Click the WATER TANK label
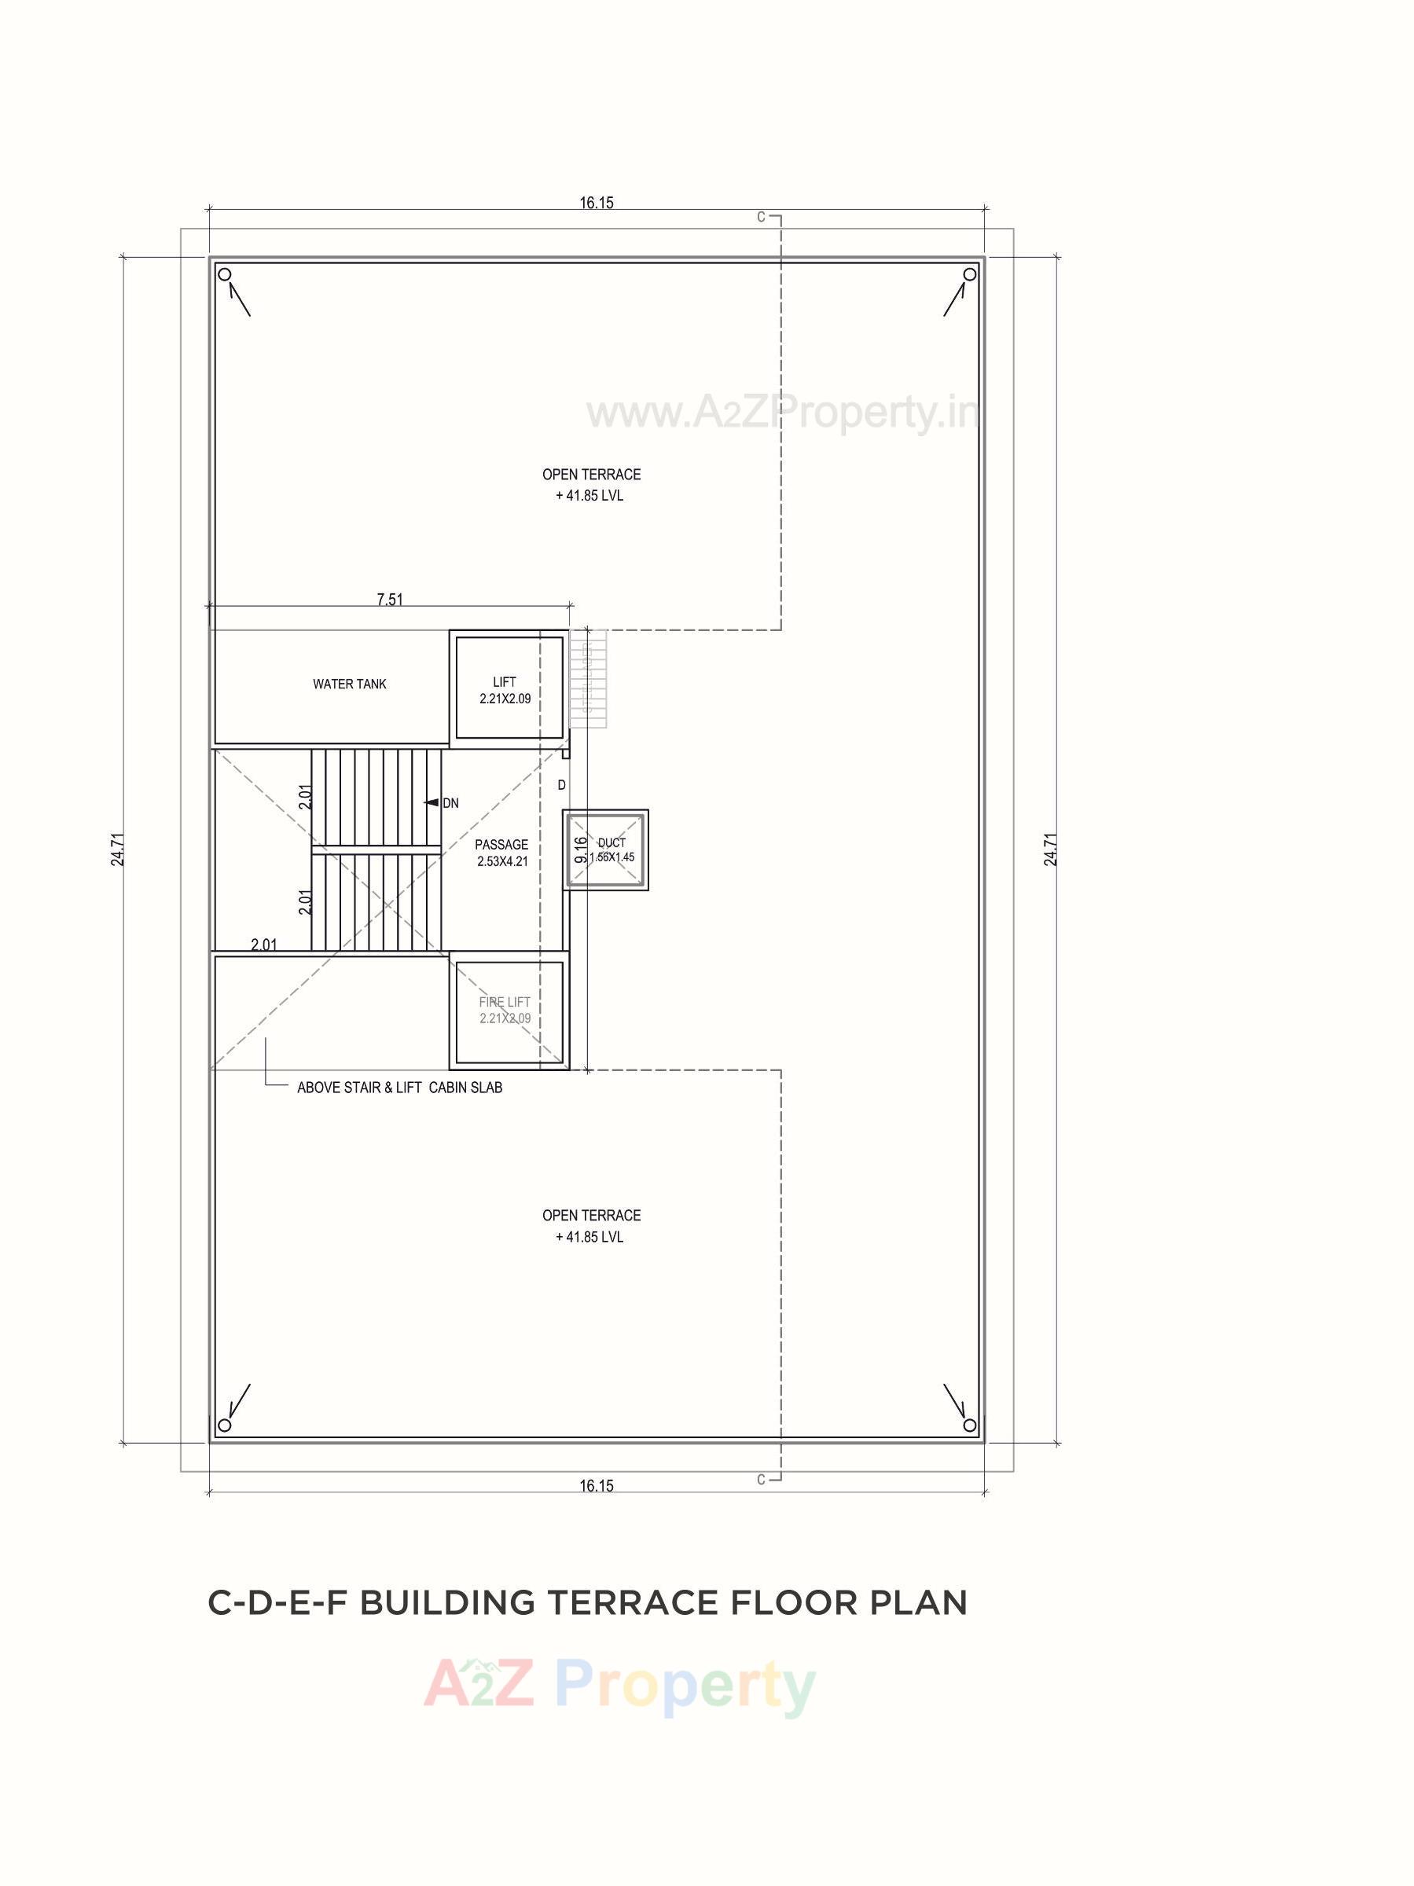point(349,684)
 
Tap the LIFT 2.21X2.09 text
point(505,690)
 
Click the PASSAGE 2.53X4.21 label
point(502,853)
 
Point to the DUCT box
point(605,850)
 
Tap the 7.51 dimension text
point(390,600)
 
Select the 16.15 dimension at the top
point(596,203)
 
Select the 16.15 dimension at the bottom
point(596,1485)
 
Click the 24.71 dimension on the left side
point(119,849)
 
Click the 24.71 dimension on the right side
point(1051,849)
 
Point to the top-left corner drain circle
point(224,274)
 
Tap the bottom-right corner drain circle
point(969,1425)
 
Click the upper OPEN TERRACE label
point(591,484)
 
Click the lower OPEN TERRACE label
point(591,1225)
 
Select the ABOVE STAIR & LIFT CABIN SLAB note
point(399,1088)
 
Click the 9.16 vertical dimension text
point(581,850)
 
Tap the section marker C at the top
point(762,218)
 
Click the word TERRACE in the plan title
point(634,1602)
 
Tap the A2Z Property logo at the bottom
point(620,1685)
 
